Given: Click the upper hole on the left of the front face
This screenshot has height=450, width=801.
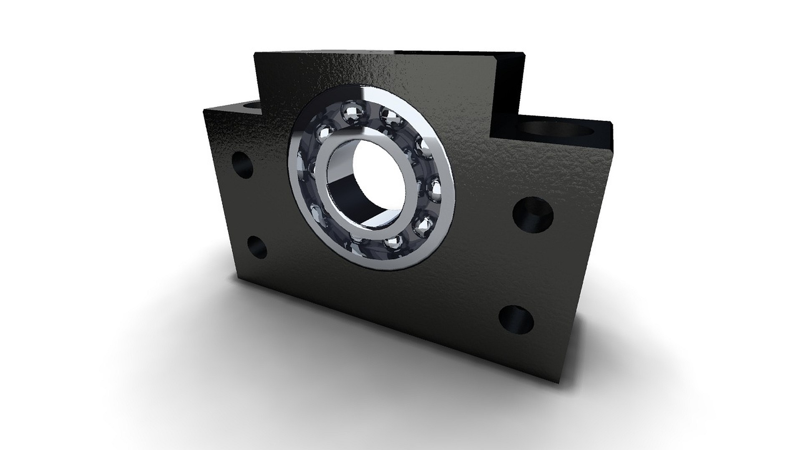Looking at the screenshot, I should point(242,165).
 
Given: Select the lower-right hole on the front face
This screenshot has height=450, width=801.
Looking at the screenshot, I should point(516,319).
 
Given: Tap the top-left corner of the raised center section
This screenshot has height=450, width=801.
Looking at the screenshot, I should point(255,53).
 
